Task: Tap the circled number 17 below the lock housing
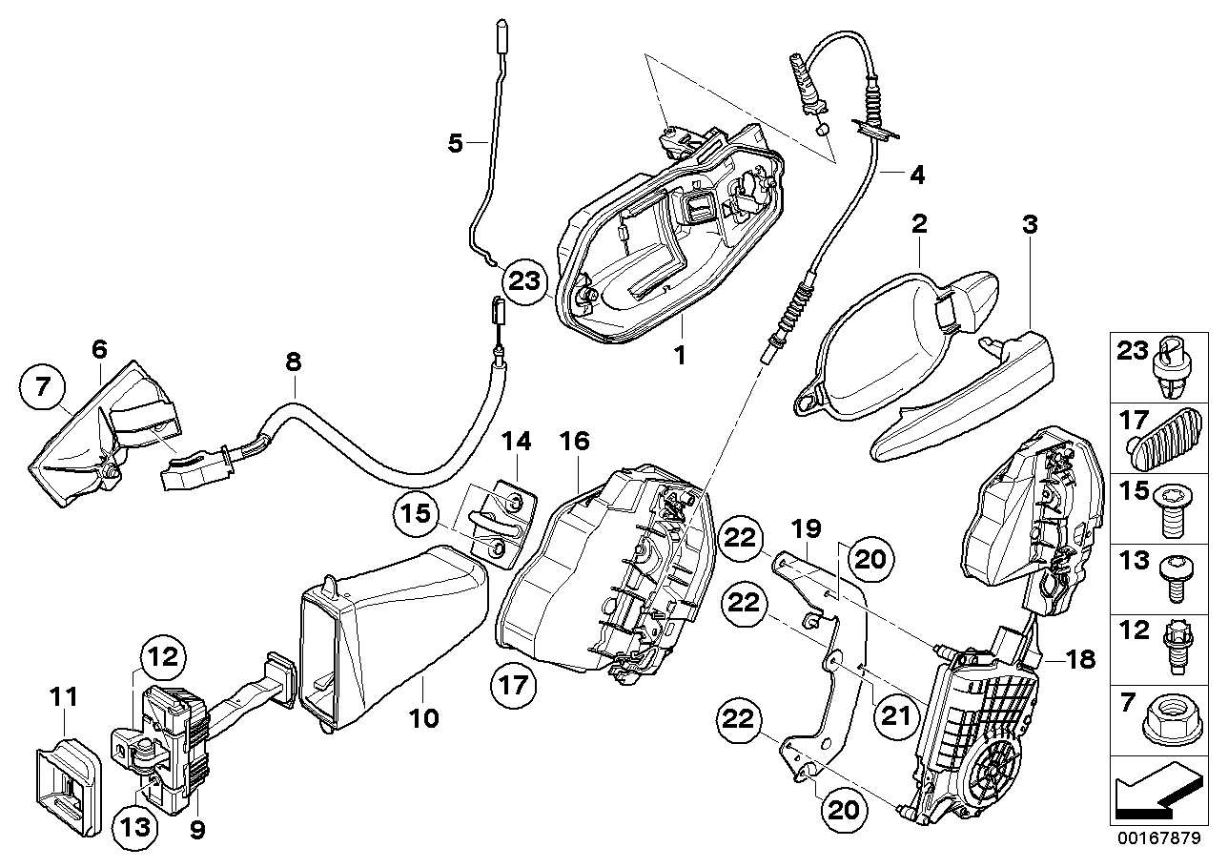516,685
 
